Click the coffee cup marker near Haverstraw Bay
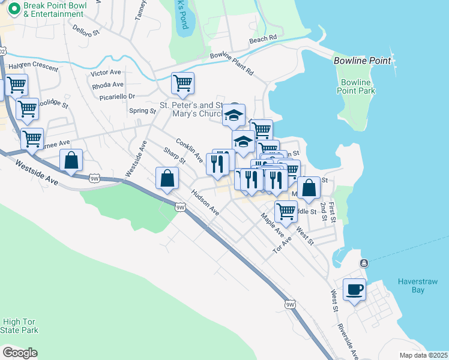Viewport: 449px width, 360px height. pyautogui.click(x=354, y=290)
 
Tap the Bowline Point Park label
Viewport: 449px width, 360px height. pyautogui.click(x=357, y=86)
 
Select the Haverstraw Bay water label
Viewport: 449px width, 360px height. pyautogui.click(x=411, y=286)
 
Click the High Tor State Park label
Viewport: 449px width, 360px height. pyautogui.click(x=20, y=326)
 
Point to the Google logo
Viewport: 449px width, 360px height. pyautogui.click(x=20, y=353)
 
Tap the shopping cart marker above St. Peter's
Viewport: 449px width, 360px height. pyautogui.click(x=182, y=83)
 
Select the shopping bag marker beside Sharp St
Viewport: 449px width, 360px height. pyautogui.click(x=167, y=178)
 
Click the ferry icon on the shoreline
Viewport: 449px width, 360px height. pyautogui.click(x=364, y=263)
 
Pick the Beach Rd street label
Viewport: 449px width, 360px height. pyautogui.click(x=263, y=38)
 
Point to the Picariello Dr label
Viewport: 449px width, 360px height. pyautogui.click(x=114, y=96)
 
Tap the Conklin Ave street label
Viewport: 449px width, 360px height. pyautogui.click(x=189, y=150)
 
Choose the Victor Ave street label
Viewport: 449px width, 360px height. pyautogui.click(x=106, y=73)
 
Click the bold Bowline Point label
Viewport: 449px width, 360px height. pyautogui.click(x=363, y=61)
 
